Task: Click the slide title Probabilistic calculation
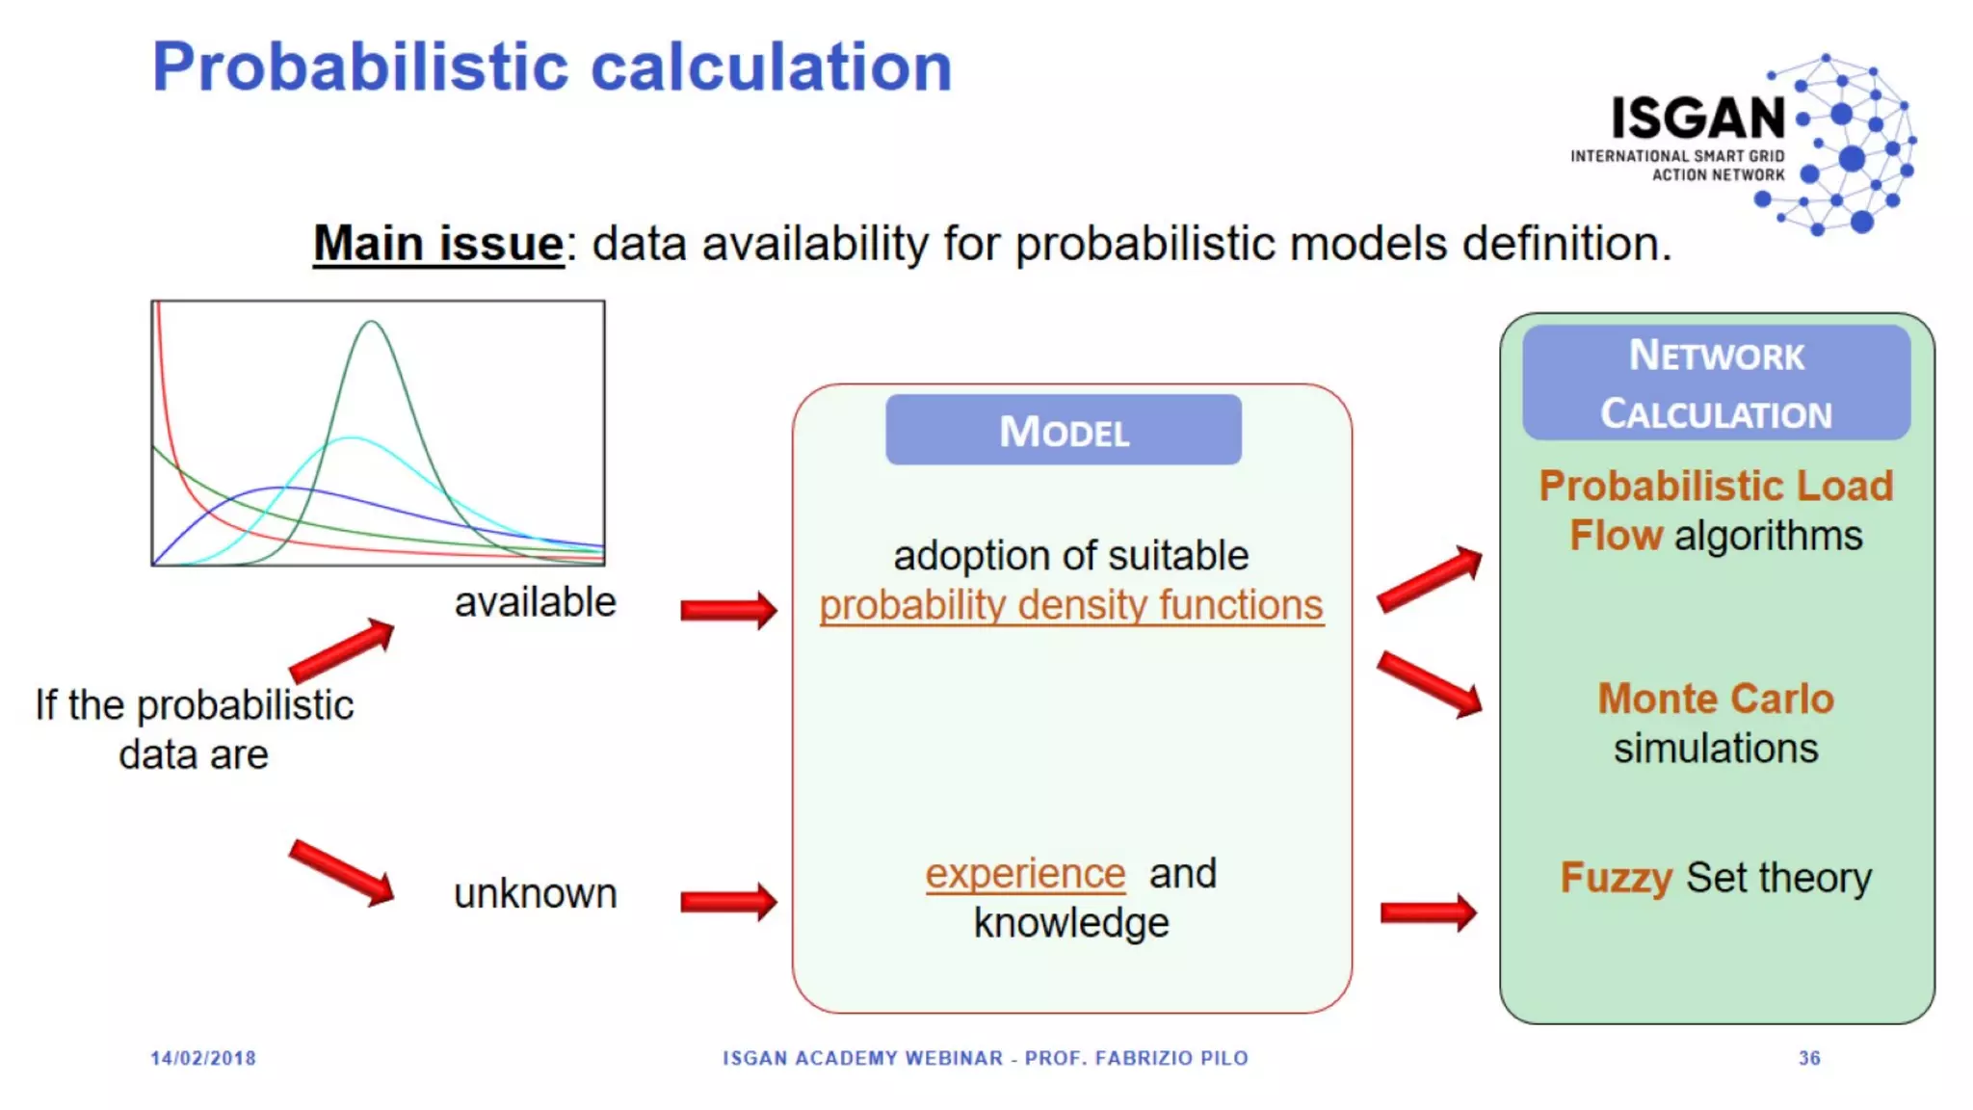[552, 67]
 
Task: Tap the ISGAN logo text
[1698, 119]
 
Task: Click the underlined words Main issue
[438, 243]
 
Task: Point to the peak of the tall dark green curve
[371, 324]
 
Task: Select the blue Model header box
[1064, 431]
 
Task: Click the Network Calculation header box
[1716, 383]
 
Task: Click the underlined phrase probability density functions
[1071, 606]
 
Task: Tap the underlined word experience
[1025, 874]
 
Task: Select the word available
[535, 602]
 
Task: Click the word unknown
[535, 894]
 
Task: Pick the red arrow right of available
[728, 610]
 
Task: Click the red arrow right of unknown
[728, 902]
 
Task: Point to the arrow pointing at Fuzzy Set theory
[1428, 912]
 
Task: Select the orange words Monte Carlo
[1716, 699]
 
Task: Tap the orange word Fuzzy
[1616, 878]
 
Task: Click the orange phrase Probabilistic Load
[1716, 486]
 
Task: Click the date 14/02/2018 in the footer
[203, 1058]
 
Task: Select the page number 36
[1809, 1058]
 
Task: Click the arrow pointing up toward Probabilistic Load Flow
[1430, 579]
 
